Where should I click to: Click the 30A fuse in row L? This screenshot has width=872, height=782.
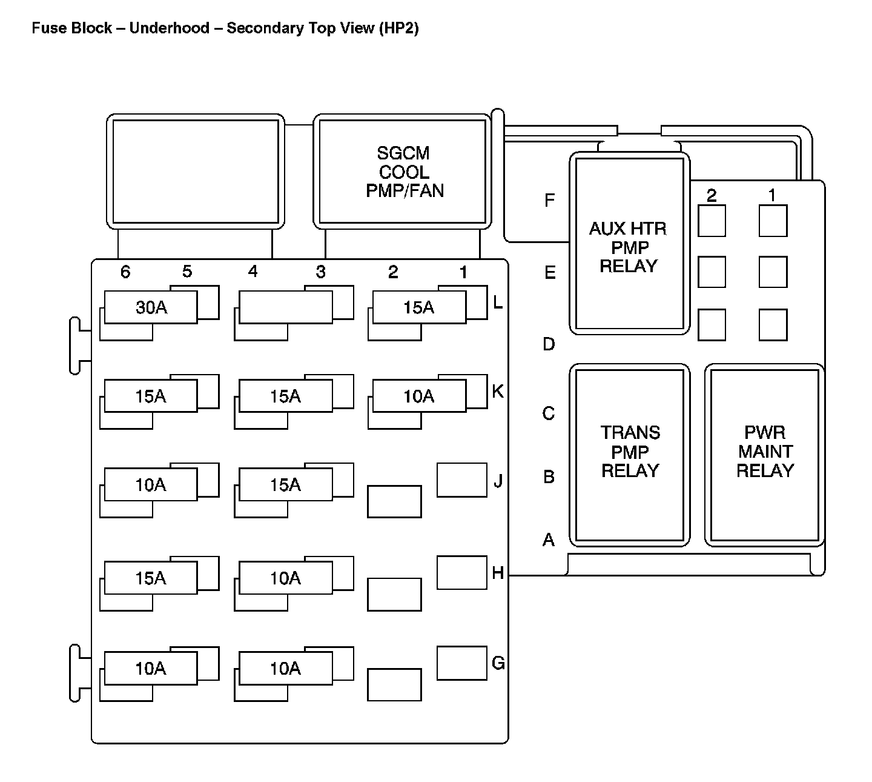coord(151,307)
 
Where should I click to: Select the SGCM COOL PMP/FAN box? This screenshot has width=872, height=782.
coord(403,172)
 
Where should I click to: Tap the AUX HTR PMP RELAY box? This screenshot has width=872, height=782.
coord(629,244)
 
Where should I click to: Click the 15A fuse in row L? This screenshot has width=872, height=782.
coord(419,307)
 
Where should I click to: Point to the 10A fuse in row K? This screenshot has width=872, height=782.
coord(419,396)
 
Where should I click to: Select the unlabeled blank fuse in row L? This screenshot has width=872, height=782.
coord(285,307)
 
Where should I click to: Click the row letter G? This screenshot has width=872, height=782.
coord(498,663)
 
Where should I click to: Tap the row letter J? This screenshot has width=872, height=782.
coord(498,481)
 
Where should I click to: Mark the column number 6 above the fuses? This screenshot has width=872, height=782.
coord(125,272)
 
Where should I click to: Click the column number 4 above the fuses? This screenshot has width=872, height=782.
coord(253,272)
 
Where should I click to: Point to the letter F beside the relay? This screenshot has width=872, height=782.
coord(549,201)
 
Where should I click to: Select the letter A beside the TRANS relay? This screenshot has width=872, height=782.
coord(549,539)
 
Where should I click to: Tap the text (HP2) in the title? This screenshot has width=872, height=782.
coord(398,28)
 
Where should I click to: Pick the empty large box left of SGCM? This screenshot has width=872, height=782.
coord(196,172)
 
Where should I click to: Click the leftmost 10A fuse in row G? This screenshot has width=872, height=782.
coord(151,668)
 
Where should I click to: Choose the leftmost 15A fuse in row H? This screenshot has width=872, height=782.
coord(151,578)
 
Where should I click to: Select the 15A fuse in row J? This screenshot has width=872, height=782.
coord(285,484)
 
